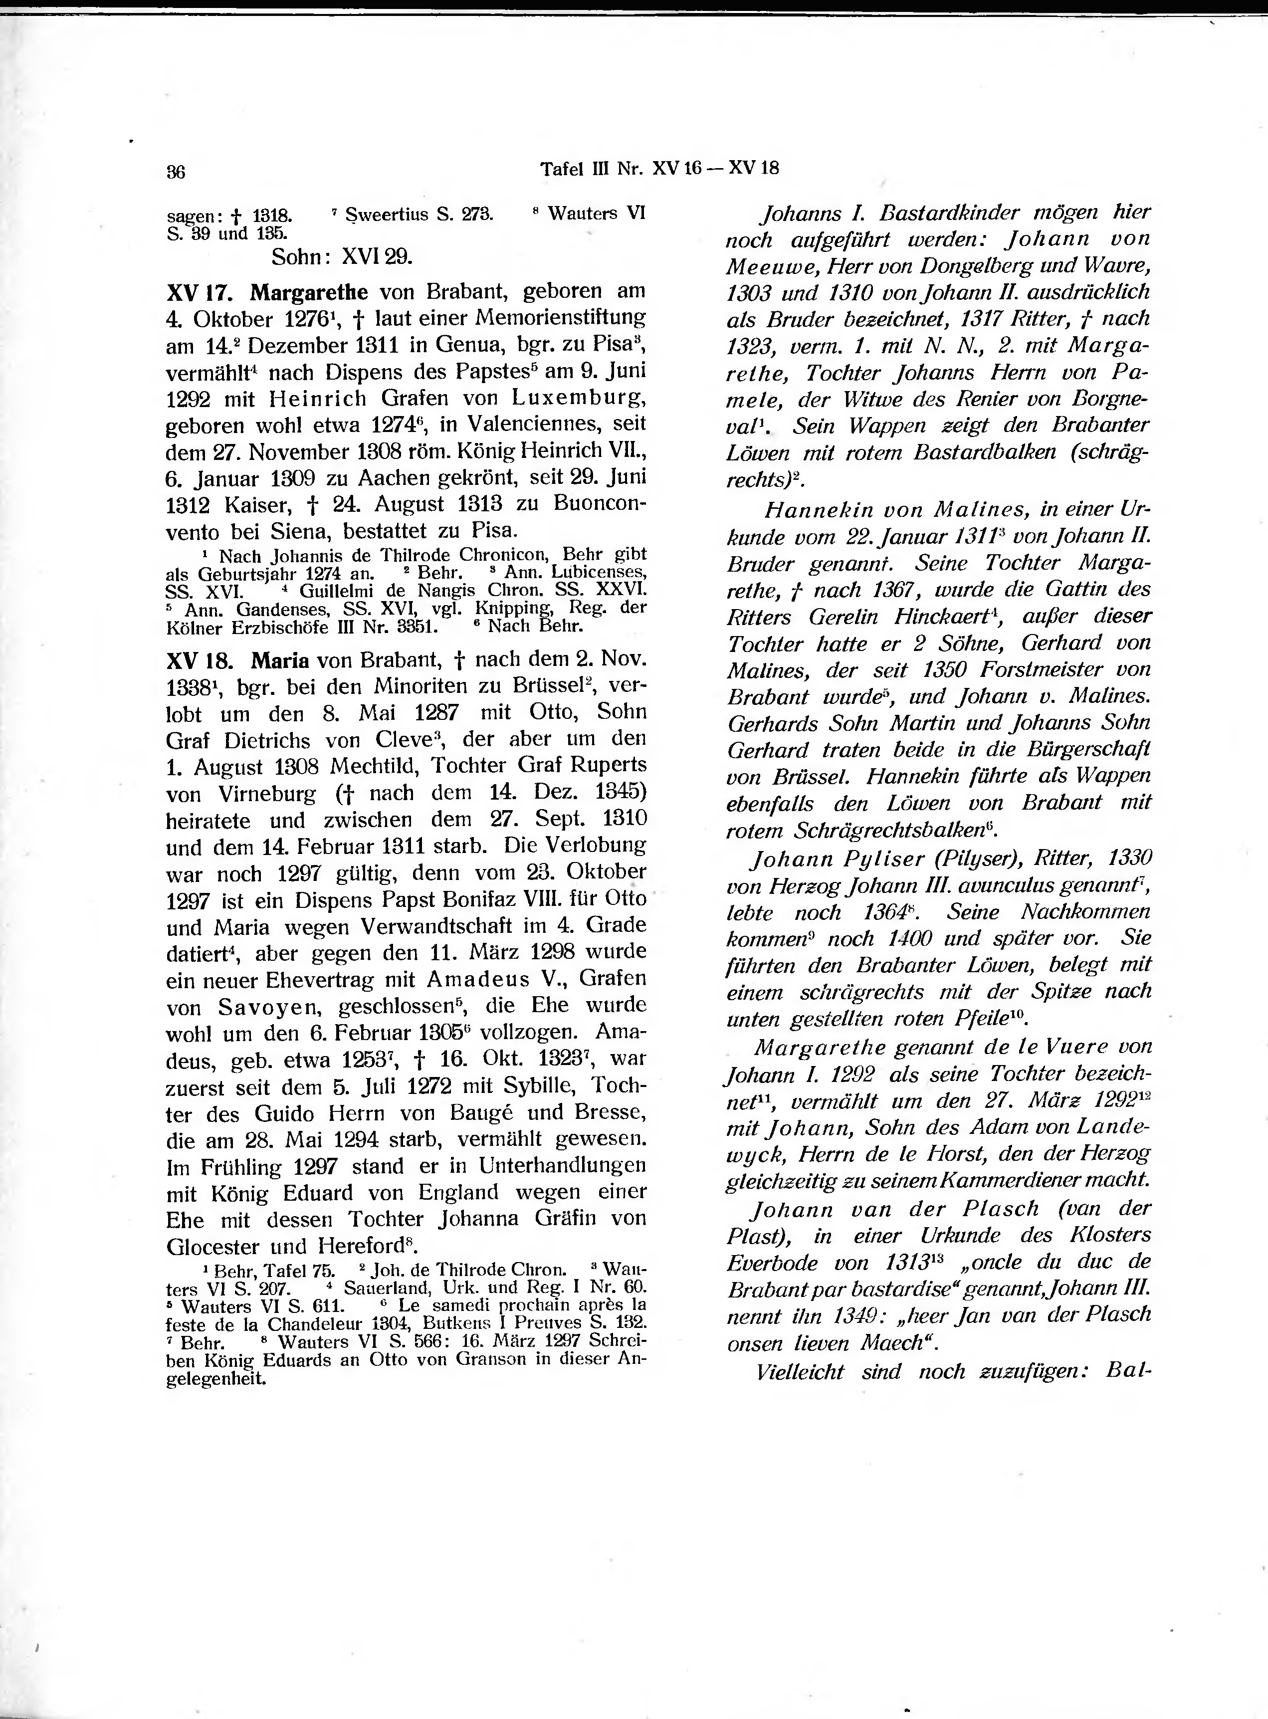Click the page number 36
(176, 172)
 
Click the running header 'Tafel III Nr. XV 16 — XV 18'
(659, 168)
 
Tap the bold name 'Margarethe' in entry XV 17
(309, 292)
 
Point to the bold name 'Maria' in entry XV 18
(280, 659)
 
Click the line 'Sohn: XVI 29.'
(342, 257)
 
